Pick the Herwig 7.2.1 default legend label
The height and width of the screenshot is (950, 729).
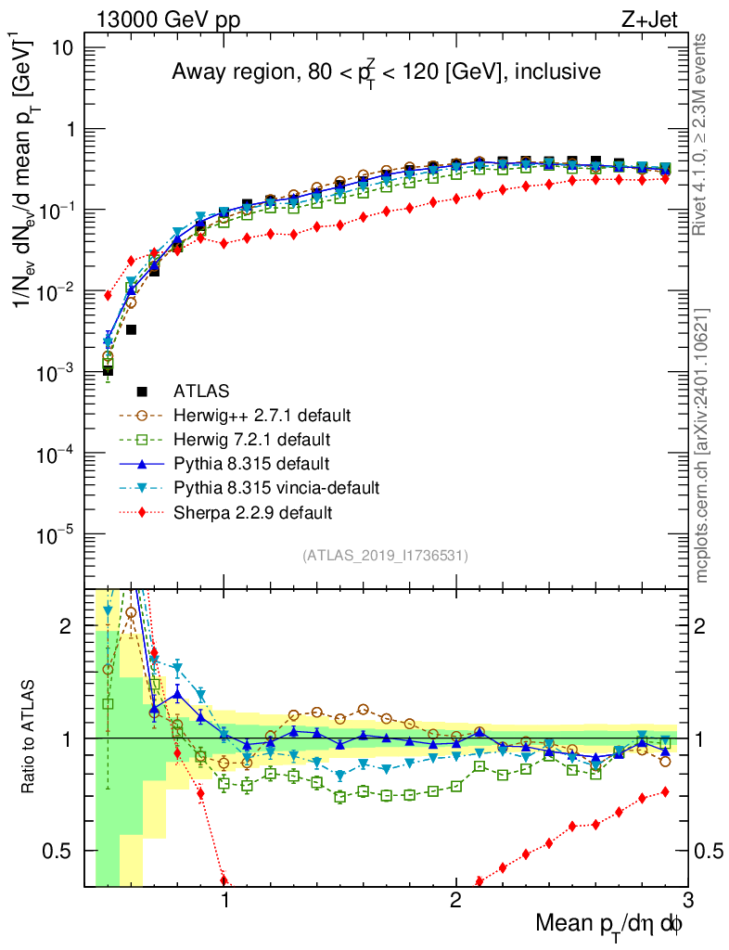pos(252,439)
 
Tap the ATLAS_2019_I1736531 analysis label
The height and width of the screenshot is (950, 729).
pos(385,556)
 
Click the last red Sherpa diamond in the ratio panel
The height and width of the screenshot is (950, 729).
pos(665,791)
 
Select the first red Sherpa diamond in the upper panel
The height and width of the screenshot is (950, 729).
pos(108,295)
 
